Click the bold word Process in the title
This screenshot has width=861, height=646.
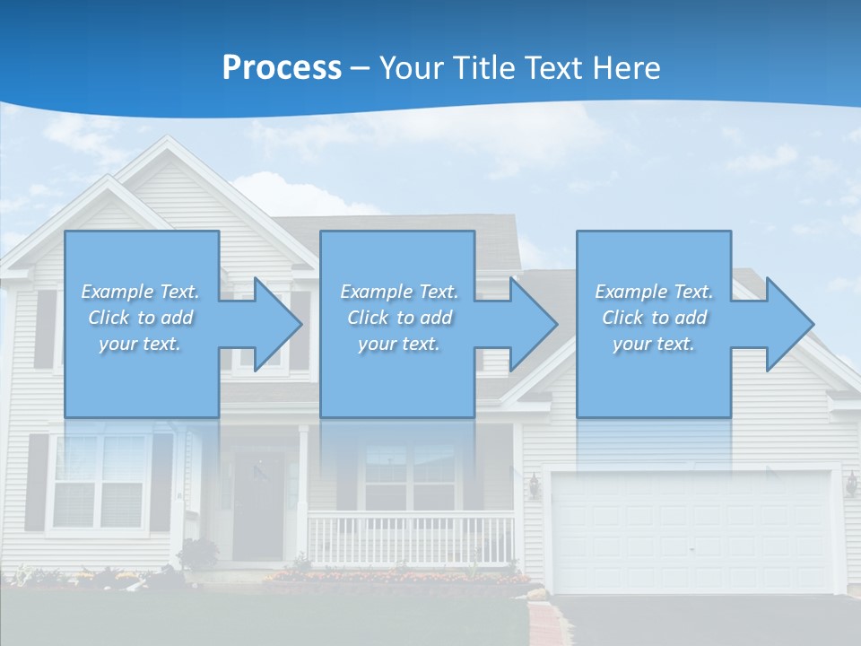(282, 67)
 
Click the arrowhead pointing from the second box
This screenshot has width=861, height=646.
(530, 325)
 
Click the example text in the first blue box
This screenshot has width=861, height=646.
(141, 318)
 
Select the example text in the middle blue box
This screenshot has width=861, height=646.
(399, 318)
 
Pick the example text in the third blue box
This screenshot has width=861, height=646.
(654, 318)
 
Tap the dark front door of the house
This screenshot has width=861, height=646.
(258, 507)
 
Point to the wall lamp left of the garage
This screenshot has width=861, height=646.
(535, 485)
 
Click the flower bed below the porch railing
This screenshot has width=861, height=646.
(395, 577)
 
